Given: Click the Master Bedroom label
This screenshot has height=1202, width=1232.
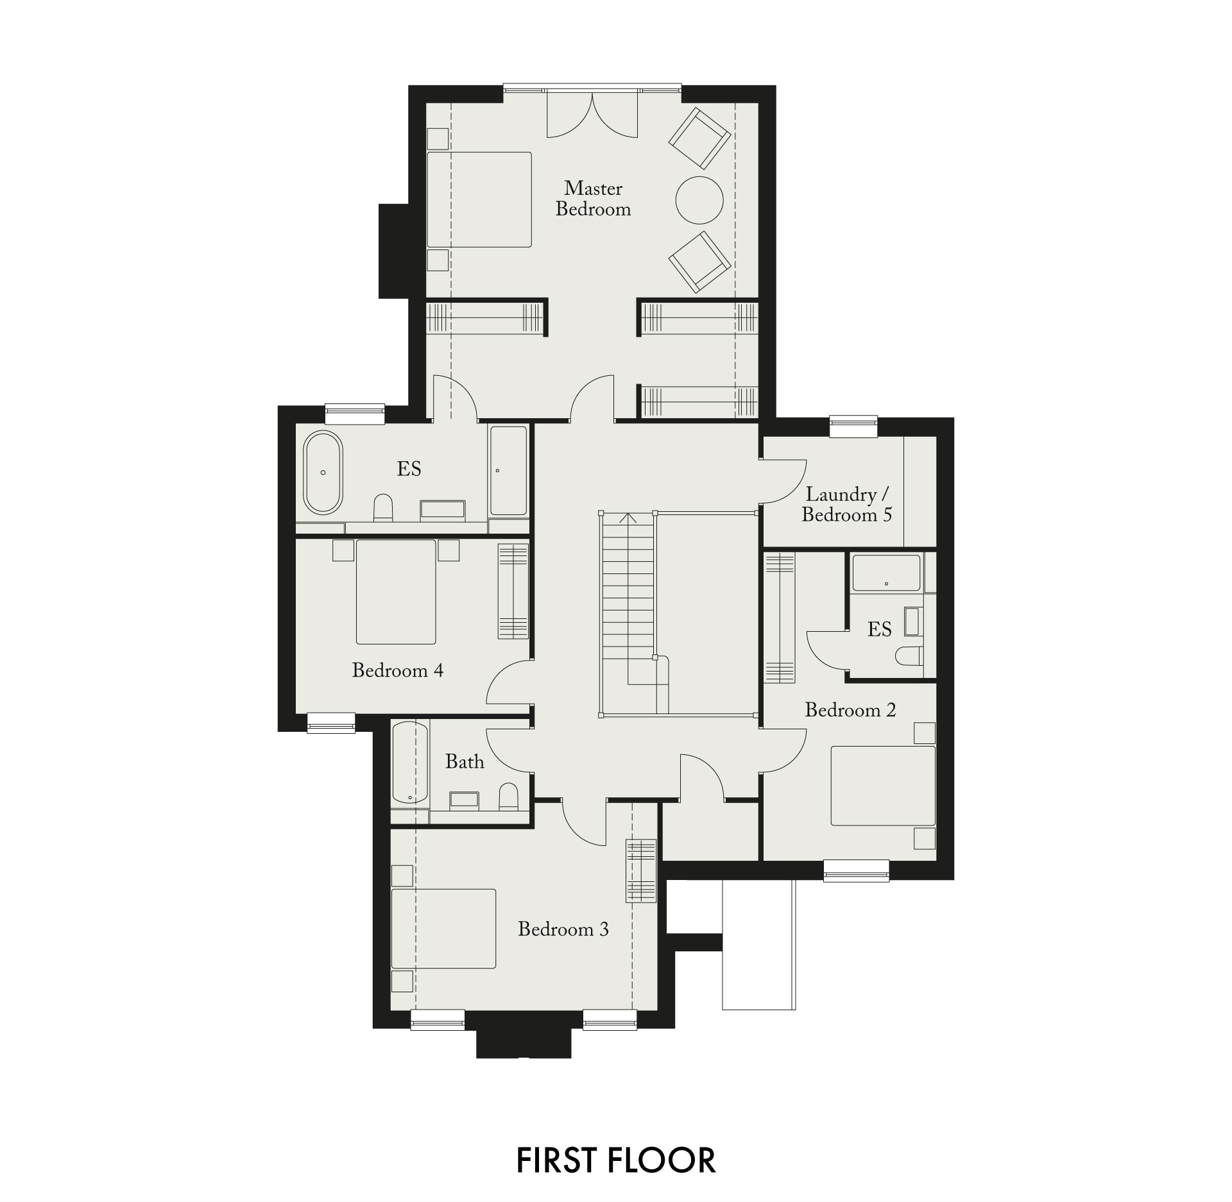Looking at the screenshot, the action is pyautogui.click(x=593, y=199).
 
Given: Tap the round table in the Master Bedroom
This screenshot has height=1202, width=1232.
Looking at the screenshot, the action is pyautogui.click(x=699, y=200).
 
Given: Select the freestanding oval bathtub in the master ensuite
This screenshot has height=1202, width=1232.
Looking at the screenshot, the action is pyautogui.click(x=323, y=473).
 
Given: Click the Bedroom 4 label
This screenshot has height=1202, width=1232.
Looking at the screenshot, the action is pyautogui.click(x=397, y=671).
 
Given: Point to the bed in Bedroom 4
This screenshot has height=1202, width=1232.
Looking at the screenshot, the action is pyautogui.click(x=396, y=591).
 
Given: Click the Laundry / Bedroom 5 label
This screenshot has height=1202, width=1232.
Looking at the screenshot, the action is pyautogui.click(x=847, y=505).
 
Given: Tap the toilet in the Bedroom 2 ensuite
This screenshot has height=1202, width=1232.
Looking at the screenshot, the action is pyautogui.click(x=908, y=656).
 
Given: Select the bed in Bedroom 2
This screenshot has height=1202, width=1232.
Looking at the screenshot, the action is pyautogui.click(x=883, y=785).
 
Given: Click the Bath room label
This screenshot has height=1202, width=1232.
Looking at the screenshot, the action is pyautogui.click(x=465, y=761).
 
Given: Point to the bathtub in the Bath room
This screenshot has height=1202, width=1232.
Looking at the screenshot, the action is pyautogui.click(x=409, y=763).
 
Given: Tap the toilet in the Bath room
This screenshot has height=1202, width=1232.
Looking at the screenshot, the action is pyautogui.click(x=509, y=796).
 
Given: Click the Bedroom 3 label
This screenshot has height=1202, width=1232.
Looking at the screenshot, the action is pyautogui.click(x=563, y=929).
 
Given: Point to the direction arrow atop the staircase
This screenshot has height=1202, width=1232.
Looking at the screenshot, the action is pyautogui.click(x=628, y=518).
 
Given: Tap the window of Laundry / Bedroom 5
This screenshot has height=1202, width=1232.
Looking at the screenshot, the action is pyautogui.click(x=853, y=427).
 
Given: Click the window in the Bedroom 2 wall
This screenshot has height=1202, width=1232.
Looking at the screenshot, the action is pyautogui.click(x=857, y=870).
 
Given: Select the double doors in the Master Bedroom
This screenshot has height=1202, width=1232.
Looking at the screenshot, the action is pyautogui.click(x=592, y=114).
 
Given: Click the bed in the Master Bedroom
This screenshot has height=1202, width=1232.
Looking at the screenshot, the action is pyautogui.click(x=479, y=199).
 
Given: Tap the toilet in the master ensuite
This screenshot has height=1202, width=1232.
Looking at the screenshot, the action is pyautogui.click(x=383, y=507).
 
